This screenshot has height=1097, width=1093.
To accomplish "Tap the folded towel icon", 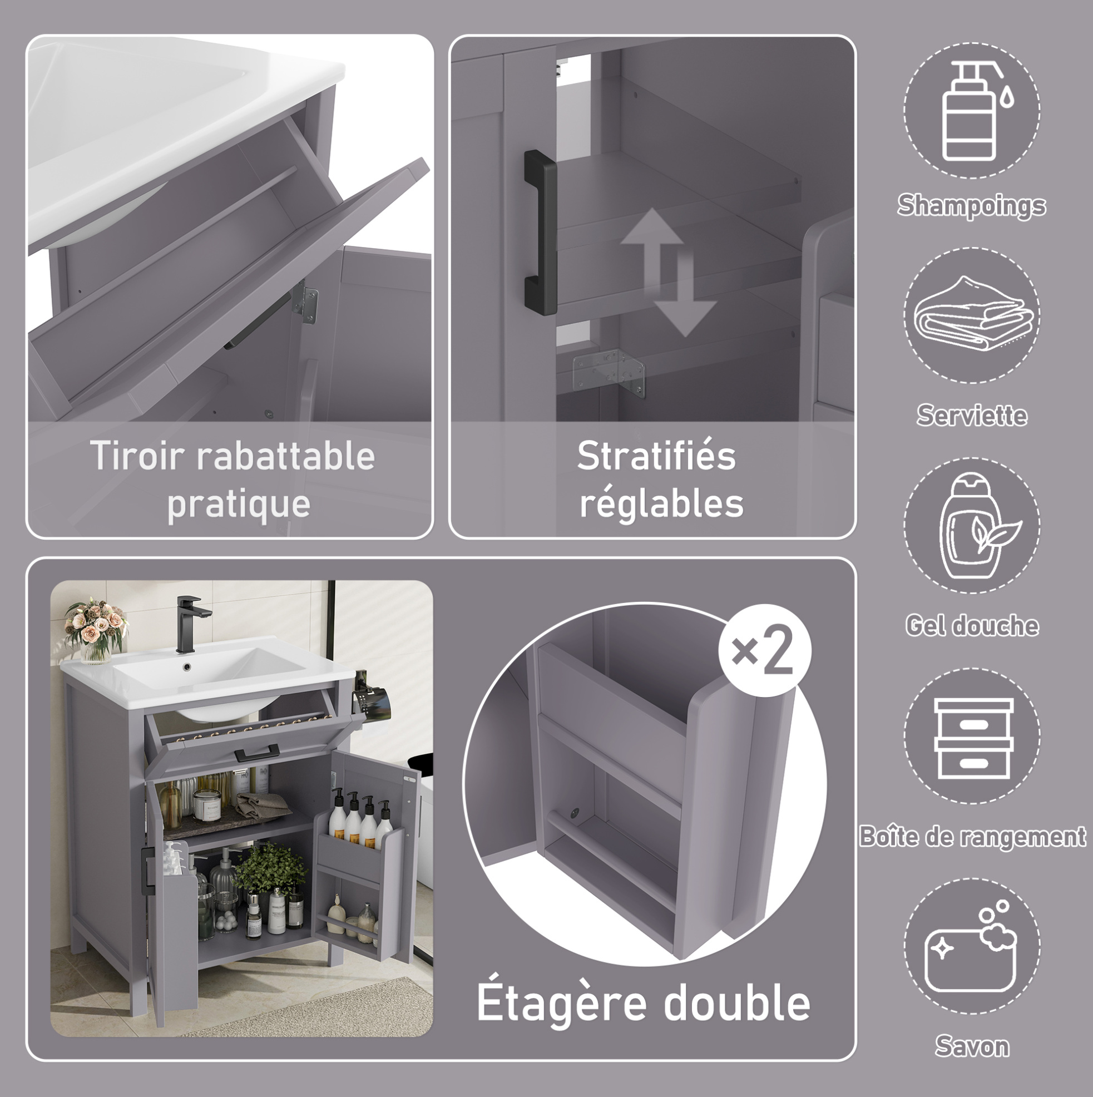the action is [972, 313].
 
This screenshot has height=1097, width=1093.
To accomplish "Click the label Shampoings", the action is [972, 205].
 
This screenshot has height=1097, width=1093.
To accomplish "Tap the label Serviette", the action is [972, 415].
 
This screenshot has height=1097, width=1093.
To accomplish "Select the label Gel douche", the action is [972, 626].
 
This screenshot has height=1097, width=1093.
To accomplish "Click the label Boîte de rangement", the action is [972, 837].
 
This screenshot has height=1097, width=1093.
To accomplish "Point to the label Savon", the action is [972, 1046].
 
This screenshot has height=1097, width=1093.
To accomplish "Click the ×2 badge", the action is [764, 650].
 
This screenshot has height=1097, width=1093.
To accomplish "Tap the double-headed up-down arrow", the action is [668, 272].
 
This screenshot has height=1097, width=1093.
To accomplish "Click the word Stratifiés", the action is [656, 456].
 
